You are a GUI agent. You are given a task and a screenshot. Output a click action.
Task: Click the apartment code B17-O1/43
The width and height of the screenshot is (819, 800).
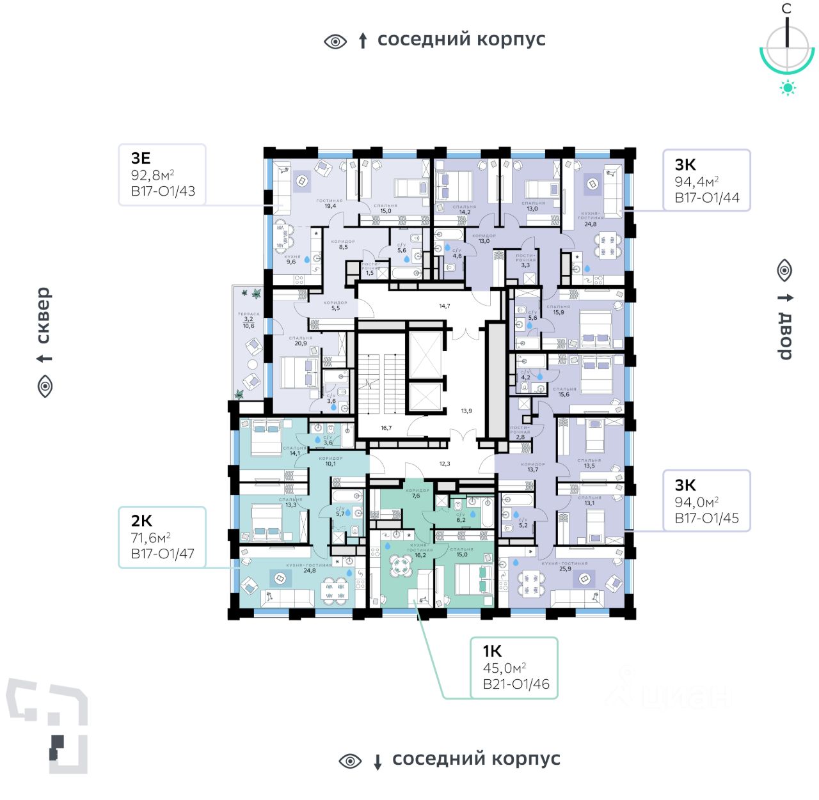point(163,191)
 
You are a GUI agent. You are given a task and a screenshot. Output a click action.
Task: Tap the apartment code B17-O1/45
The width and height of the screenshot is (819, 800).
point(706,518)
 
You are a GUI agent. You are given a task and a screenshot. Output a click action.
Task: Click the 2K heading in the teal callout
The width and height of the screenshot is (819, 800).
point(141,521)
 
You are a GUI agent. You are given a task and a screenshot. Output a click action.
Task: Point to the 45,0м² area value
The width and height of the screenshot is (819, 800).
point(504,668)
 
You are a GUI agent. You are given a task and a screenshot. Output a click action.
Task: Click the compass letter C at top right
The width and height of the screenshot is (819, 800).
point(786,8)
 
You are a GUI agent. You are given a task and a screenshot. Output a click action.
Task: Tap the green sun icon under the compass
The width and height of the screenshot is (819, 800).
point(788,88)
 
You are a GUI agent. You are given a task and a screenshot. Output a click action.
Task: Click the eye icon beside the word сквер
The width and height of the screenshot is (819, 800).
point(45,386)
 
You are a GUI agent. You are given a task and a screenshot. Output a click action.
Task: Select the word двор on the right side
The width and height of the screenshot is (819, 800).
point(785,336)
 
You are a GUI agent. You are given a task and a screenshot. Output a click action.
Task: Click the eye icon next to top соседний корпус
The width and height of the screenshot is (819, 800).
point(335,42)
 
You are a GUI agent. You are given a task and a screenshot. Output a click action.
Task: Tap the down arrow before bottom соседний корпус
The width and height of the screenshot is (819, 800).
point(378,762)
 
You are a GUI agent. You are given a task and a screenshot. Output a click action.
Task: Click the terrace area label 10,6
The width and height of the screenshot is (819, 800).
point(248,326)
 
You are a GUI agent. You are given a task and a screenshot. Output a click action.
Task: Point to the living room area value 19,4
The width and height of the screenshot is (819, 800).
point(330,206)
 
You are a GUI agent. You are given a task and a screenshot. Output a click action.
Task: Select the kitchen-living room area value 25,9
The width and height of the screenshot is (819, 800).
point(564,569)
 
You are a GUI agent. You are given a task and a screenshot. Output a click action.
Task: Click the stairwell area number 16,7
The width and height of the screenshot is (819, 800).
point(386,428)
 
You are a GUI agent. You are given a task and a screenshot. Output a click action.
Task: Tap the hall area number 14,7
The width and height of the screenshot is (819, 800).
point(444,306)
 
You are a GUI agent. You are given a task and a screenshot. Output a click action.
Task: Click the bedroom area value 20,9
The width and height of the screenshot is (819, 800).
point(300,343)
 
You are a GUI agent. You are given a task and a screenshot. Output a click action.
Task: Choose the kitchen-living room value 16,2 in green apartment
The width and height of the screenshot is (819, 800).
point(420,555)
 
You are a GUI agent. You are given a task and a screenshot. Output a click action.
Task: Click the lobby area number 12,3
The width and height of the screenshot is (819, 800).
point(444,464)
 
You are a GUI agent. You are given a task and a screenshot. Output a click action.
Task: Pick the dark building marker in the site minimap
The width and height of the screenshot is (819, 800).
point(57,747)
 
